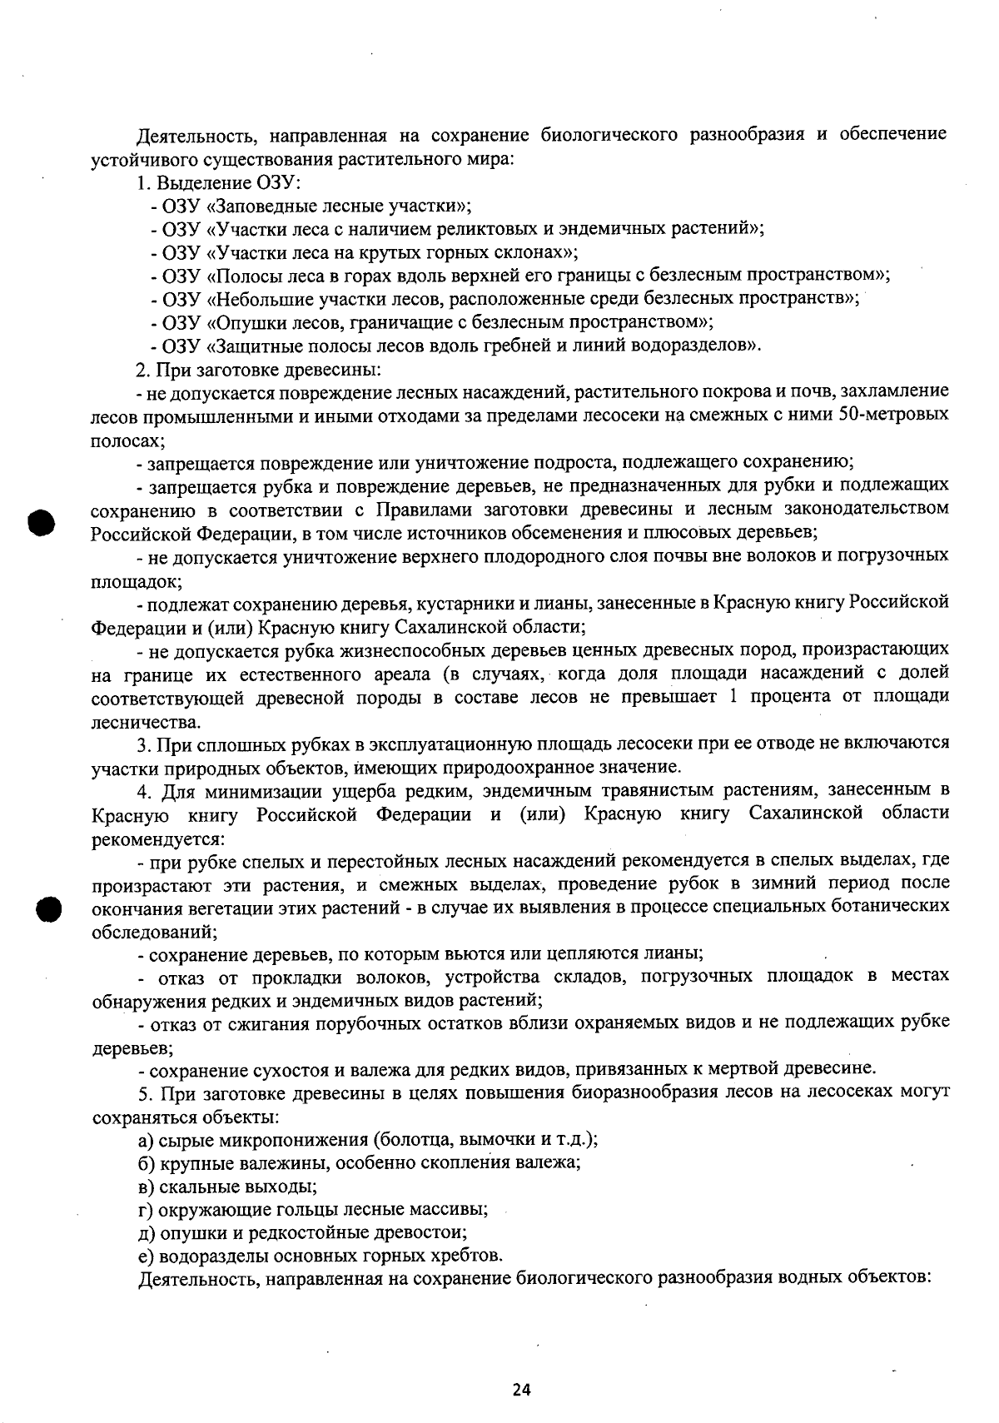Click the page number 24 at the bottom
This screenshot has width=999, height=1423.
click(x=522, y=1390)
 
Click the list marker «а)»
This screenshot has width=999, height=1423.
click(x=147, y=1139)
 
